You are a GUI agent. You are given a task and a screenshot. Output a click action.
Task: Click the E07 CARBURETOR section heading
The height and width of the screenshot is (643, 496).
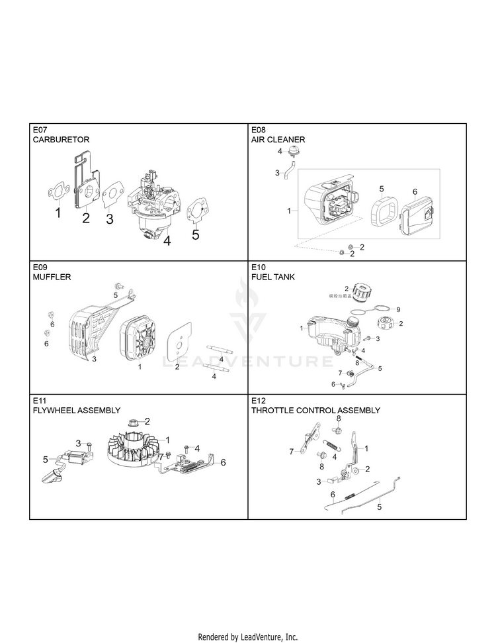click(x=60, y=135)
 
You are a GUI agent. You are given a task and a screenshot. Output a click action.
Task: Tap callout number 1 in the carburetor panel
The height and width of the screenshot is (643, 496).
click(x=58, y=214)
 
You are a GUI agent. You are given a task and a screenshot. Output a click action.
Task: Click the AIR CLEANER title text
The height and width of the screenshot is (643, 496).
click(x=278, y=140)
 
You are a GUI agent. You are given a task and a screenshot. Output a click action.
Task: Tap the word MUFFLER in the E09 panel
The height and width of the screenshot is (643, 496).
click(x=52, y=277)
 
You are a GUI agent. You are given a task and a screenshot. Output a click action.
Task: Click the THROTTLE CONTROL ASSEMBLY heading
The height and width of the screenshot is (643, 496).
click(x=315, y=411)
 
